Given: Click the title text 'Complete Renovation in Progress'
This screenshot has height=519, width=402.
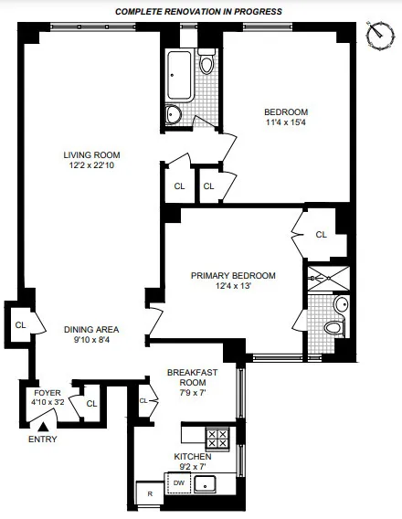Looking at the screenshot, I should click(x=198, y=11).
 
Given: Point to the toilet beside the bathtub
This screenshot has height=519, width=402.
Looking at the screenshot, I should click(x=206, y=63).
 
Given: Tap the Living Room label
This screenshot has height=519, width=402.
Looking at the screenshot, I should click(x=91, y=154).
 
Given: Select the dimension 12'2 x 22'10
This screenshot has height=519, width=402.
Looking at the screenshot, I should click(x=91, y=165).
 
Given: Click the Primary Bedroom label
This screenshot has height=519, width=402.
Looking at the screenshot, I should click(x=233, y=275).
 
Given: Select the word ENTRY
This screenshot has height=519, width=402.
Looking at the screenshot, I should click(x=42, y=440).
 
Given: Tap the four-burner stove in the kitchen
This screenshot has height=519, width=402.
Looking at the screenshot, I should click(x=217, y=437).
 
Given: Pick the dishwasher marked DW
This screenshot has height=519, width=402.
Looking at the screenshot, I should click(x=179, y=484).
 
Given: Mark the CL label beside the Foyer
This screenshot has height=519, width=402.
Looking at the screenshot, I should click(x=91, y=403).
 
